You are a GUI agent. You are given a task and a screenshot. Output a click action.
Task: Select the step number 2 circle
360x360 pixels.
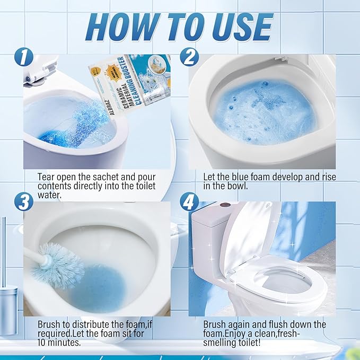190,57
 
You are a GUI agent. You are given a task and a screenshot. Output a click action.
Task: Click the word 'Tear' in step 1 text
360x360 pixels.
46,176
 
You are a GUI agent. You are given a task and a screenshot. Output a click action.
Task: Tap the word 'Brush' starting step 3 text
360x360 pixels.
49,324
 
